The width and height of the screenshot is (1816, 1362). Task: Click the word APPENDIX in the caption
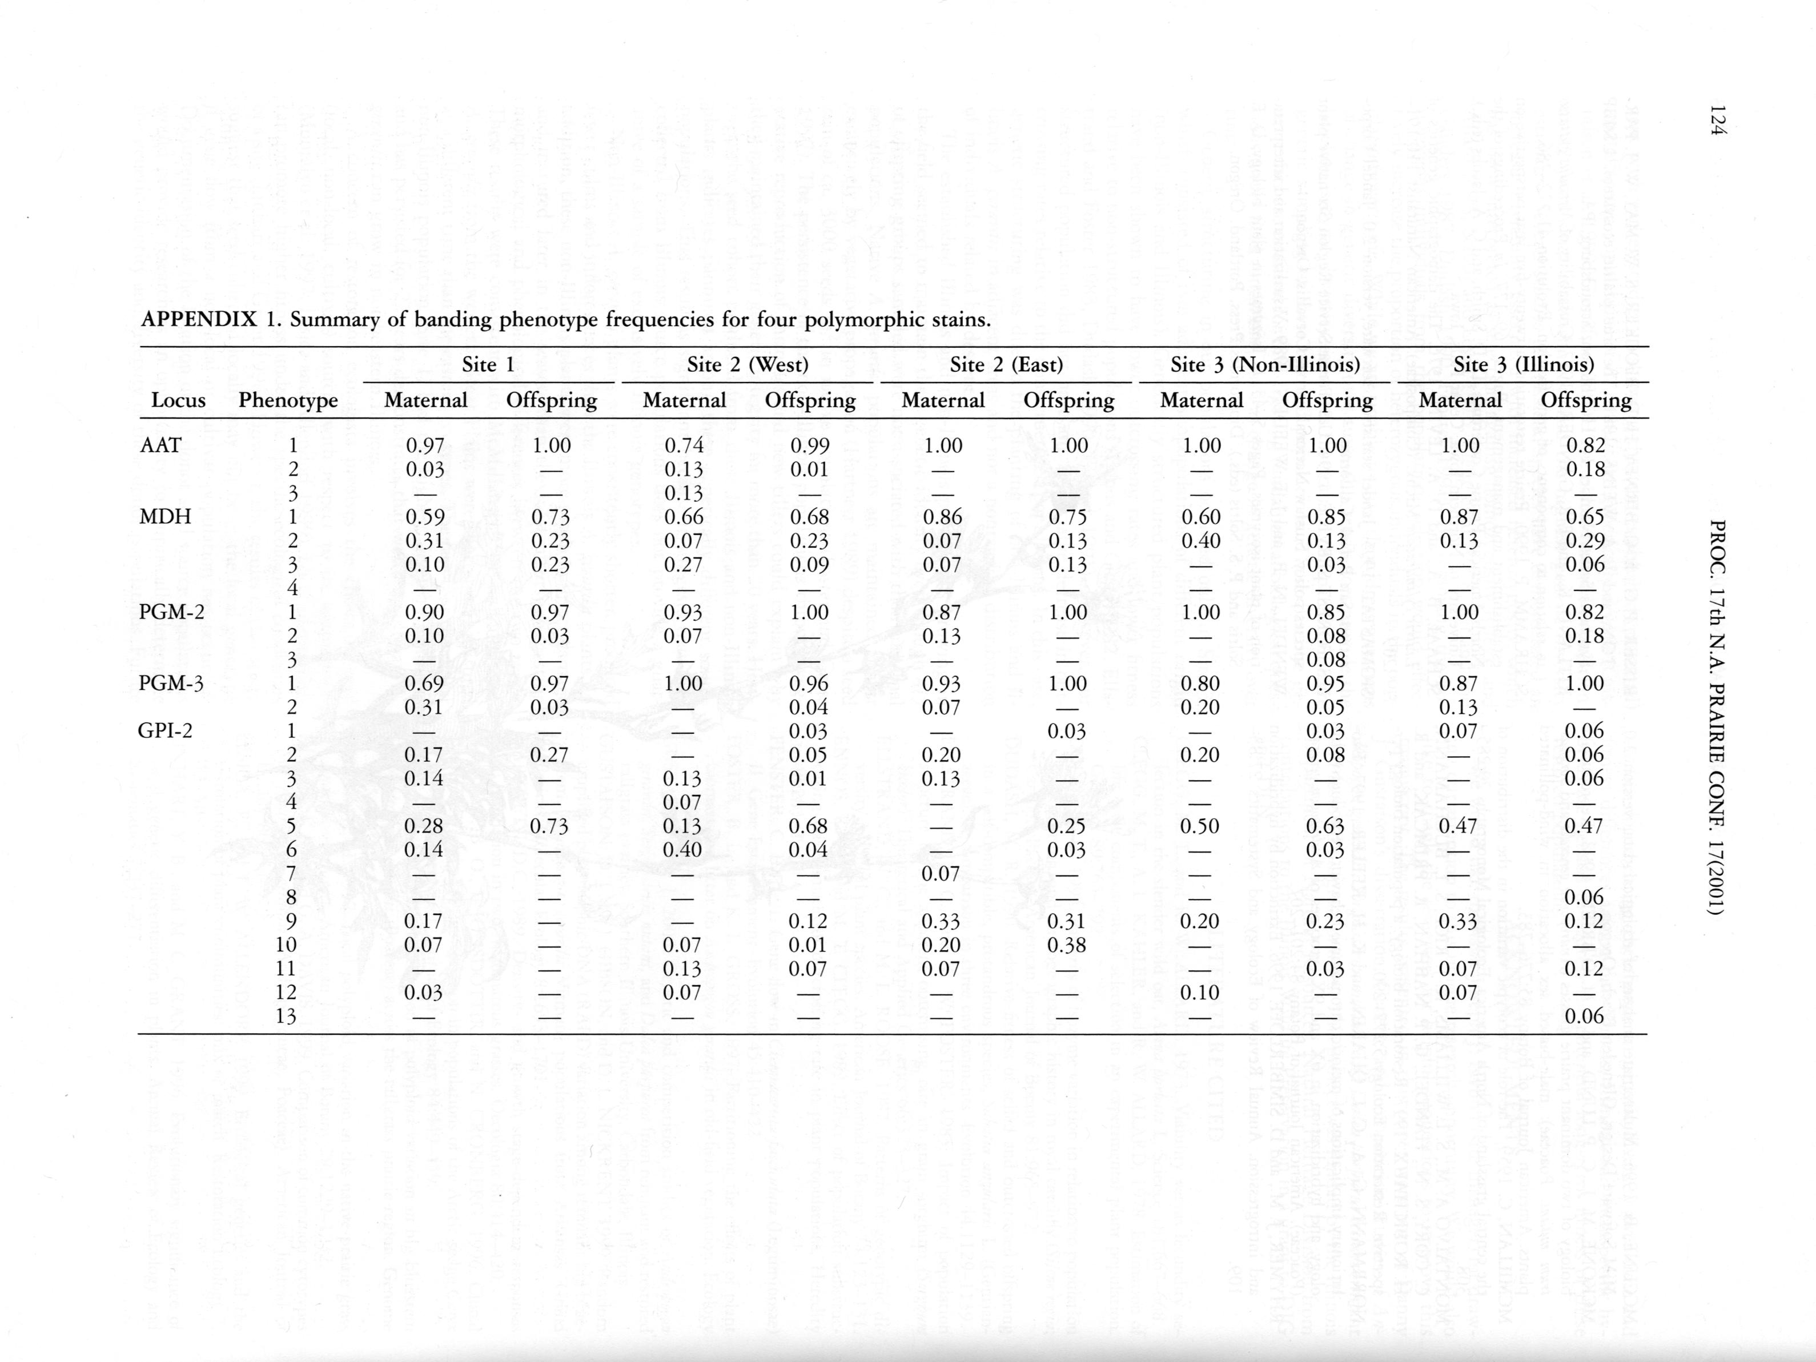coord(199,319)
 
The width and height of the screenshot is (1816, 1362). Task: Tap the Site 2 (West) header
coord(747,364)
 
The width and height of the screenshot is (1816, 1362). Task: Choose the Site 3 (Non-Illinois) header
coord(1264,364)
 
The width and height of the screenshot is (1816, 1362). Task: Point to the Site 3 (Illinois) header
coord(1523,364)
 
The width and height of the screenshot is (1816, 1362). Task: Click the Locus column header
coord(178,401)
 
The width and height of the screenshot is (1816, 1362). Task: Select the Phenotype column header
coord(288,401)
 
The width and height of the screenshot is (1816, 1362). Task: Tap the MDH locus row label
coord(165,516)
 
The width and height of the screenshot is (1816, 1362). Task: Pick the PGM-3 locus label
coord(171,683)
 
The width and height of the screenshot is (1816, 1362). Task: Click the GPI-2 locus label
coord(165,730)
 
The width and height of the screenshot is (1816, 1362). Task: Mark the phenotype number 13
coord(285,1017)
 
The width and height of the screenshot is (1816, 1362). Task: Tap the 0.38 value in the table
coord(1067,945)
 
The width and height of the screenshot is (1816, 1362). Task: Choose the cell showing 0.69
coord(424,683)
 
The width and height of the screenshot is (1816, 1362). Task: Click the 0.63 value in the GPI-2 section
coord(1326,826)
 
